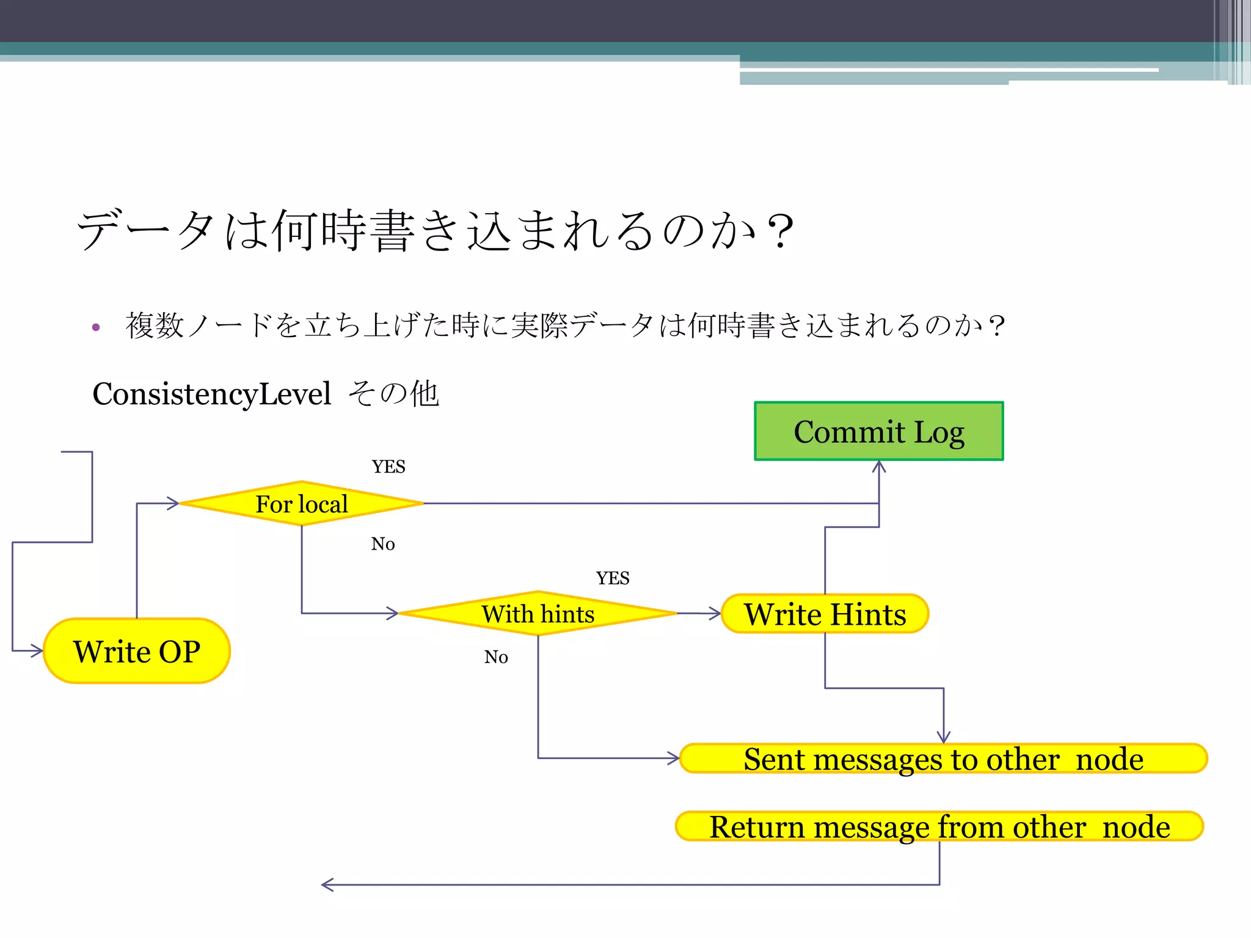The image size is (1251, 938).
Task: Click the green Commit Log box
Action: click(878, 431)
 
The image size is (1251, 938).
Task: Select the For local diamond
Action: click(301, 504)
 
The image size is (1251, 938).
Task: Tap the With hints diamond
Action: click(538, 613)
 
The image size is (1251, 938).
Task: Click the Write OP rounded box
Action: click(137, 651)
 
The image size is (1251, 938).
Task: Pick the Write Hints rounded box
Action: click(825, 614)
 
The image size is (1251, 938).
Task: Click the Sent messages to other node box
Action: click(943, 758)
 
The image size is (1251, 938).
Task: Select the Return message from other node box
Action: click(939, 826)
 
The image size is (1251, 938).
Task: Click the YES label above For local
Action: click(388, 467)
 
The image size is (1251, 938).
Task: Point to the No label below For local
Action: click(383, 544)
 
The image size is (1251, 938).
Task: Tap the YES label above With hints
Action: click(613, 578)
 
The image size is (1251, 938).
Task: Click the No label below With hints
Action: click(496, 657)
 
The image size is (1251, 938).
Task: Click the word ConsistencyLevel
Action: click(211, 394)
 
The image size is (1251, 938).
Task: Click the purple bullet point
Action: click(96, 327)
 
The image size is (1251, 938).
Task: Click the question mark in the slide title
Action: click(780, 231)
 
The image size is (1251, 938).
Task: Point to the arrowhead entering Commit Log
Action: click(879, 467)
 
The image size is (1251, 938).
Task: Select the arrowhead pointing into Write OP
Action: click(37, 651)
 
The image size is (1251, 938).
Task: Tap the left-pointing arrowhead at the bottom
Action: click(327, 884)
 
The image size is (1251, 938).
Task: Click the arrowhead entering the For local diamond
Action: click(173, 503)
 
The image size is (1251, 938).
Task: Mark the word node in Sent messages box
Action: click(1109, 759)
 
